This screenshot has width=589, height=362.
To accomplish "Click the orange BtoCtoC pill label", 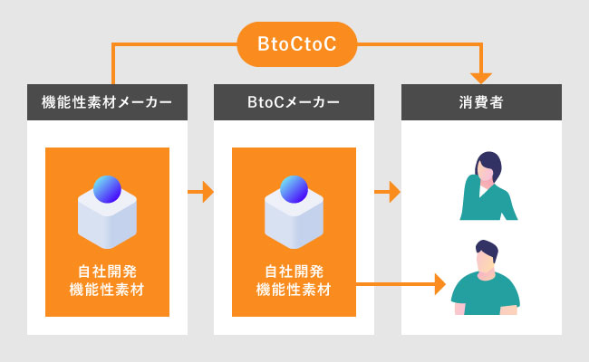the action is [x=296, y=44].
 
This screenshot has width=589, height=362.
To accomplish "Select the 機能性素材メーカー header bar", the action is [x=107, y=102].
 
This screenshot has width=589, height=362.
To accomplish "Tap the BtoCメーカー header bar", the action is [x=294, y=102].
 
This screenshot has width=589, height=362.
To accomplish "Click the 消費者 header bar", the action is [x=481, y=102].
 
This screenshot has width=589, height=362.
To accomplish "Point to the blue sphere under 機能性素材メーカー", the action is [x=107, y=189].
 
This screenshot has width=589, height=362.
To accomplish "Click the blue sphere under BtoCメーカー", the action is [x=294, y=189].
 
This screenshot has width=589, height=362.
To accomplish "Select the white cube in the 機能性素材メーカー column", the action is [x=107, y=222].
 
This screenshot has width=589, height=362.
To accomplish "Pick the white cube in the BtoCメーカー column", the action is [x=294, y=222].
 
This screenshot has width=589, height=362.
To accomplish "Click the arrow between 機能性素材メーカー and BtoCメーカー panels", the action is [x=200, y=192].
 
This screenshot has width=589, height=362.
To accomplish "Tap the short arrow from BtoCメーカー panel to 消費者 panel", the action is [x=387, y=192].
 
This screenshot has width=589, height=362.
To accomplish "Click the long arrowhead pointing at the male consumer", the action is [x=439, y=284].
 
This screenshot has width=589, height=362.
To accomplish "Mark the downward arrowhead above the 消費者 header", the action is [x=481, y=78].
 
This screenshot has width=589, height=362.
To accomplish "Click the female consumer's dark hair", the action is [x=489, y=165].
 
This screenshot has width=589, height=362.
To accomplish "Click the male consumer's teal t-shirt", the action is [x=486, y=294].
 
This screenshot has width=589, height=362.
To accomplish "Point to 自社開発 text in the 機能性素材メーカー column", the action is [x=107, y=271].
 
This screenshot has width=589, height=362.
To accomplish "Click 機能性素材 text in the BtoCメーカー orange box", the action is [x=294, y=290].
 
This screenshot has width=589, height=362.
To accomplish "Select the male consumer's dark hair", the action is [x=488, y=248].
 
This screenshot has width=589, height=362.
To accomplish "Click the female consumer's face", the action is [x=485, y=175].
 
